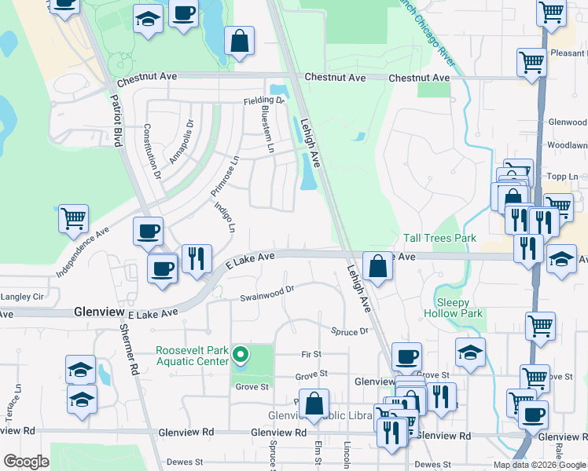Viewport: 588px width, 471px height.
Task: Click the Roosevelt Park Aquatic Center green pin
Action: pyautogui.click(x=243, y=355)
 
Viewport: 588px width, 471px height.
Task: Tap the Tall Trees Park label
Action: pyautogui.click(x=440, y=238)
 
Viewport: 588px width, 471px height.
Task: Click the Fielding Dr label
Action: pyautogui.click(x=263, y=100)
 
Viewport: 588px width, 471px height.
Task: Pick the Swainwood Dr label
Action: pyautogui.click(x=266, y=293)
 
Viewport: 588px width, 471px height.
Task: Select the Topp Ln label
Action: pyautogui.click(x=563, y=176)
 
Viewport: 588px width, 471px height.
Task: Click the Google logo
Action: pyautogui.click(x=26, y=462)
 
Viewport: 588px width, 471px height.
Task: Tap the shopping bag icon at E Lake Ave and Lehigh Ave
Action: pyautogui.click(x=378, y=266)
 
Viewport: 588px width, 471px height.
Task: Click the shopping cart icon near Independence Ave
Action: pyautogui.click(x=74, y=219)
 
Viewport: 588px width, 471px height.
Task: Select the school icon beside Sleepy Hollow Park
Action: pyautogui.click(x=470, y=352)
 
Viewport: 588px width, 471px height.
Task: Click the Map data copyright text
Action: pyautogui.click(x=539, y=465)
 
